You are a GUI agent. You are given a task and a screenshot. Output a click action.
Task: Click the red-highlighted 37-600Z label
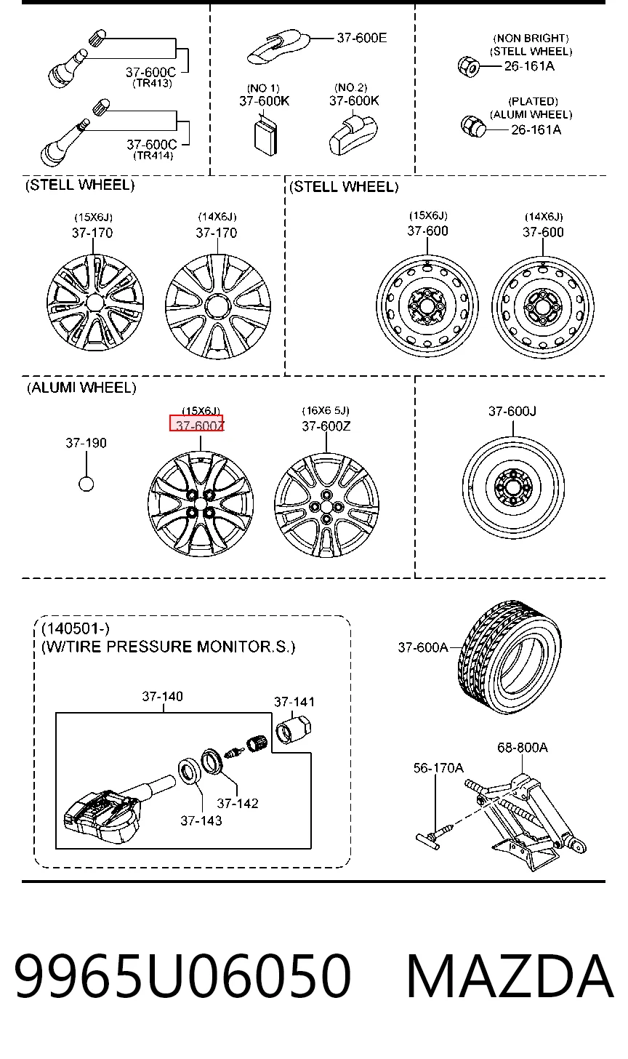(196, 423)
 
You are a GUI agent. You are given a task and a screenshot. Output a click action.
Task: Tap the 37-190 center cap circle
(86, 484)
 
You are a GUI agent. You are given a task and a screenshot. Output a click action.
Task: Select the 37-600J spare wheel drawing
(513, 487)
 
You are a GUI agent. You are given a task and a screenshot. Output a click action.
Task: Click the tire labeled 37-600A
(510, 657)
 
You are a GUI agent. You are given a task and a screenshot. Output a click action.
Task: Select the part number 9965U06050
(183, 976)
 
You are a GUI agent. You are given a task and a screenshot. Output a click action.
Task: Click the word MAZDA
(510, 976)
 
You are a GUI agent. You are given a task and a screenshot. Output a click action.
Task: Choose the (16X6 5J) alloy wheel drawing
(326, 505)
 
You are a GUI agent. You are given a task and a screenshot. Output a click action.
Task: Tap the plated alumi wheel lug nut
(473, 126)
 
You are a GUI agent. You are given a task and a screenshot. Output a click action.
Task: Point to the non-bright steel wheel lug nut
(468, 66)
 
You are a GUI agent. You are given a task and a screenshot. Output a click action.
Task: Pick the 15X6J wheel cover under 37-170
(95, 303)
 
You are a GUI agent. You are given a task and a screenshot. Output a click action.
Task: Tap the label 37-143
(201, 820)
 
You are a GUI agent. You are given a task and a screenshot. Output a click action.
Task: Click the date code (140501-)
(76, 628)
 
